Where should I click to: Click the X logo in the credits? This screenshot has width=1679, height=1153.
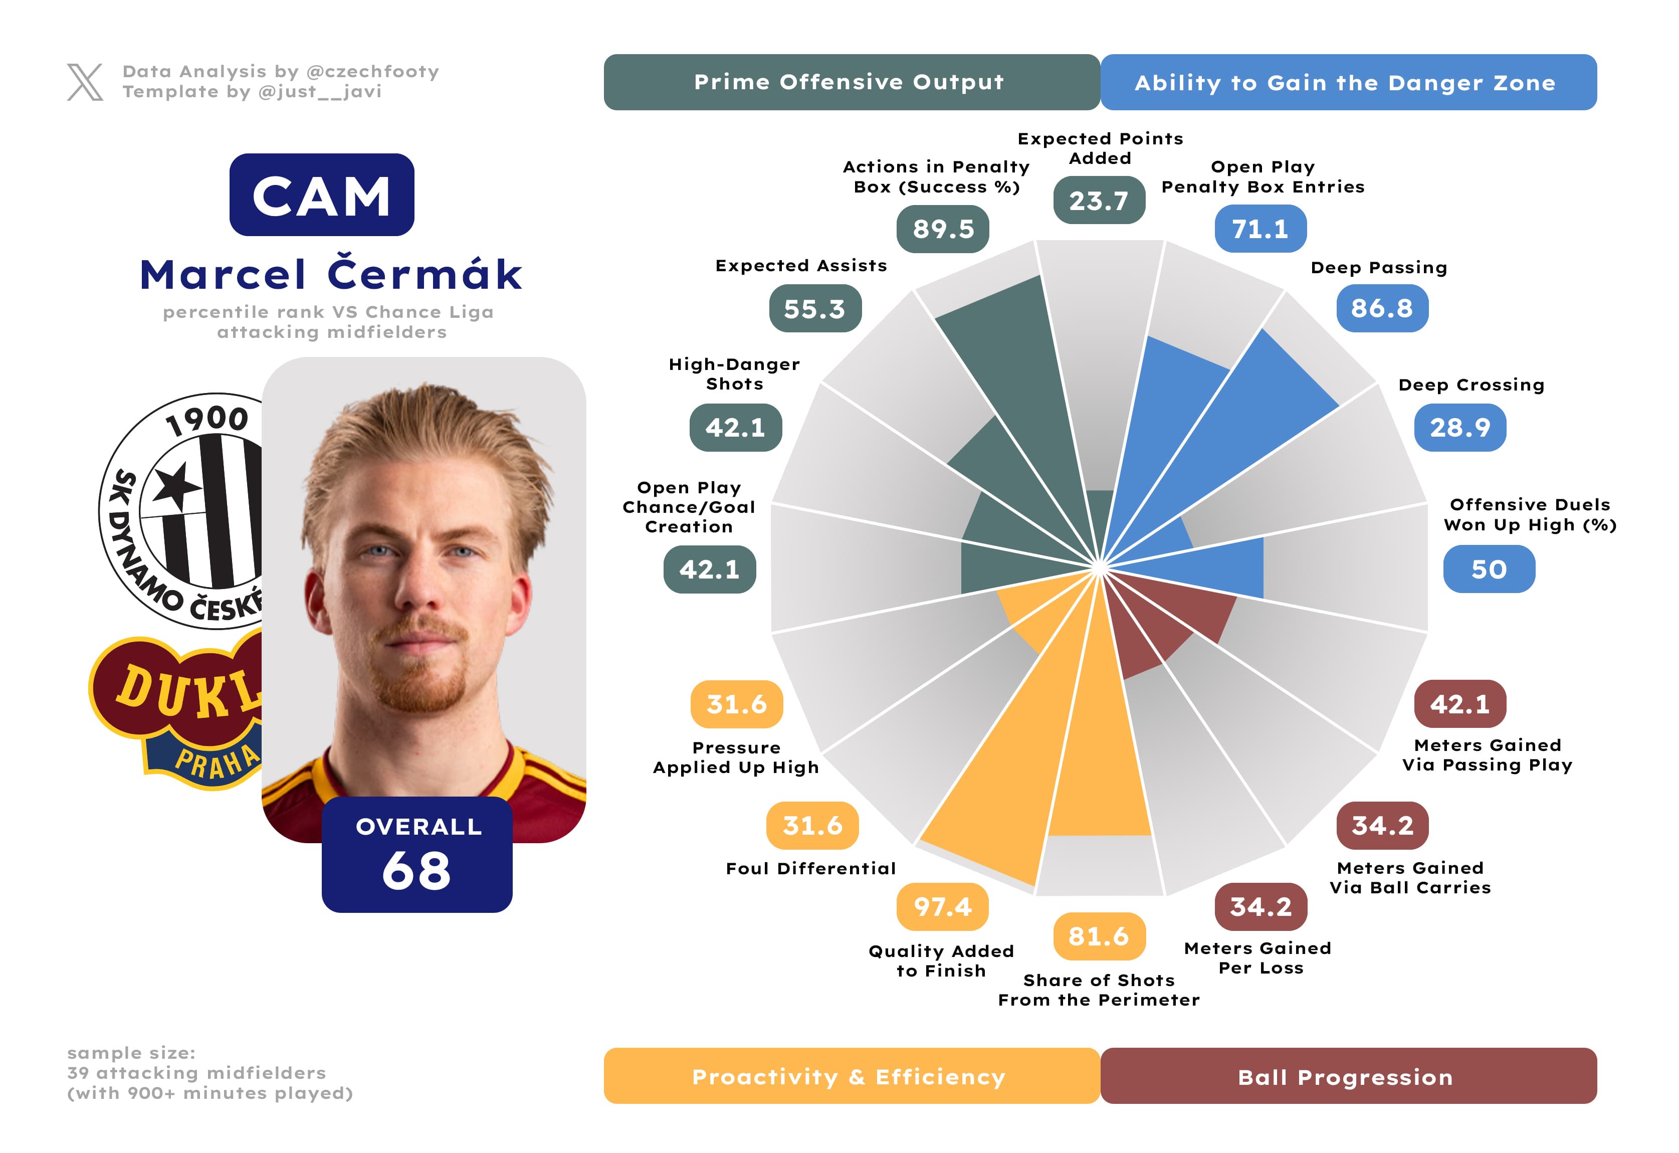click(x=85, y=82)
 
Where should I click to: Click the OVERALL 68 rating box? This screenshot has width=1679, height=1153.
click(x=417, y=855)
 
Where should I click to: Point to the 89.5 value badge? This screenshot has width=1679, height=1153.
click(x=943, y=229)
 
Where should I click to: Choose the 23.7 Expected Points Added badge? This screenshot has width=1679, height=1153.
click(x=1098, y=200)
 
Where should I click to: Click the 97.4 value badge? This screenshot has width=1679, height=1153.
click(x=942, y=907)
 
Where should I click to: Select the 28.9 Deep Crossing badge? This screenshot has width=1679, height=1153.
click(x=1459, y=428)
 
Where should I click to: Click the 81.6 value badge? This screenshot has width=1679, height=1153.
click(x=1098, y=936)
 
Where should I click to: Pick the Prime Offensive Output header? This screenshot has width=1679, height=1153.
click(x=851, y=82)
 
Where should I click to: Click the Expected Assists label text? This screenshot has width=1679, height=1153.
click(x=800, y=266)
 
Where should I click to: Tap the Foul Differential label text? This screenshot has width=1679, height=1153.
click(x=810, y=868)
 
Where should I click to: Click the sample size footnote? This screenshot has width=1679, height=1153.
click(x=209, y=1073)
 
